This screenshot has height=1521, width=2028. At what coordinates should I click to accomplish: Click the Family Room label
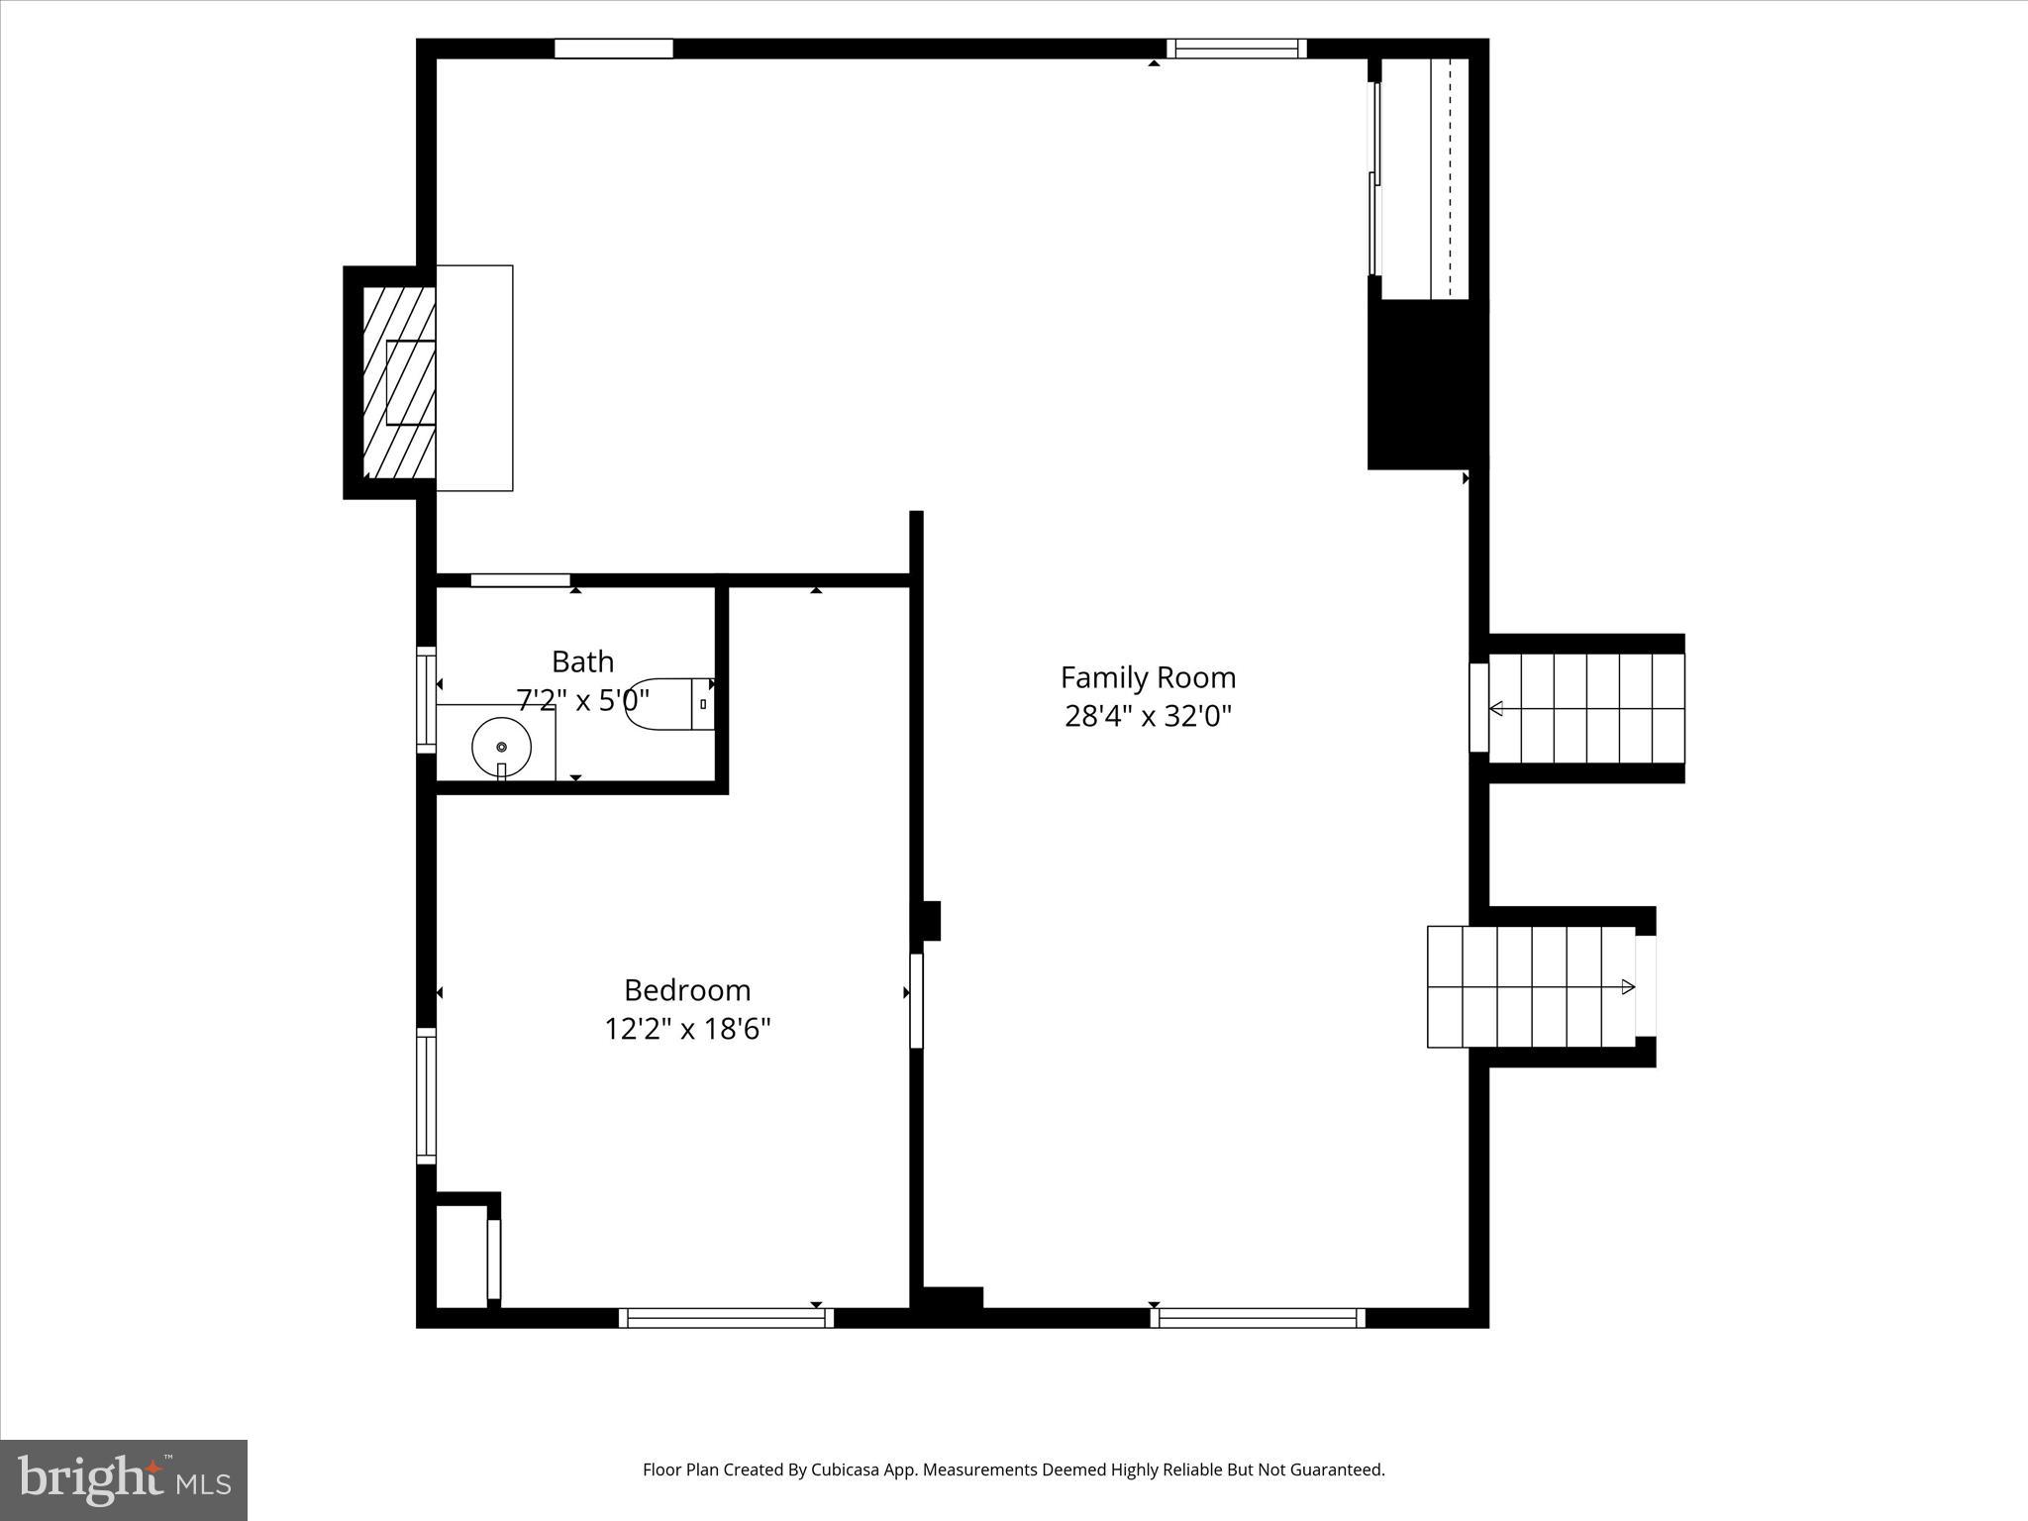[1148, 677]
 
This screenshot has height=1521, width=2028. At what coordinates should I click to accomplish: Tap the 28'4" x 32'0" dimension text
[1148, 716]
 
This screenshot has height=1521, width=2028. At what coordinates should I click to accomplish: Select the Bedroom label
[687, 990]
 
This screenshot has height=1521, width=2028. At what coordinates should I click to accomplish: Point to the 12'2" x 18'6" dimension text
[687, 1030]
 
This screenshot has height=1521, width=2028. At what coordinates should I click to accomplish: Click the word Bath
[582, 661]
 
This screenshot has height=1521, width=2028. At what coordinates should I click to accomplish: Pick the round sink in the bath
[501, 747]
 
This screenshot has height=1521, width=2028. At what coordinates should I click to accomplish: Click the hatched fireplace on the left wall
[399, 382]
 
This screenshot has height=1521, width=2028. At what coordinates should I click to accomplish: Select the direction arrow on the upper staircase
[1496, 708]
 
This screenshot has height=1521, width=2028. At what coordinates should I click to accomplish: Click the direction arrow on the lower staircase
[1627, 986]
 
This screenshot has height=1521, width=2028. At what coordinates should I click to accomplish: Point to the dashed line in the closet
[1450, 178]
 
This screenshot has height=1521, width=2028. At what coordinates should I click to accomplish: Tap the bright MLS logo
[124, 1479]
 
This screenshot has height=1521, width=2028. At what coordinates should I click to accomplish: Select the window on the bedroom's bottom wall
[726, 1318]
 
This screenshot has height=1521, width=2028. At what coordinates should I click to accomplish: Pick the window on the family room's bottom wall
[1258, 1318]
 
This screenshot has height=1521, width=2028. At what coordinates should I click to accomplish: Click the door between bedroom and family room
[916, 1000]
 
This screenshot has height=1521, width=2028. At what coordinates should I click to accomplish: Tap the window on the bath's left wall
[426, 699]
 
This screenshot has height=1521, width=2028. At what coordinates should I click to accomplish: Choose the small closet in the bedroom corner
[461, 1256]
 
